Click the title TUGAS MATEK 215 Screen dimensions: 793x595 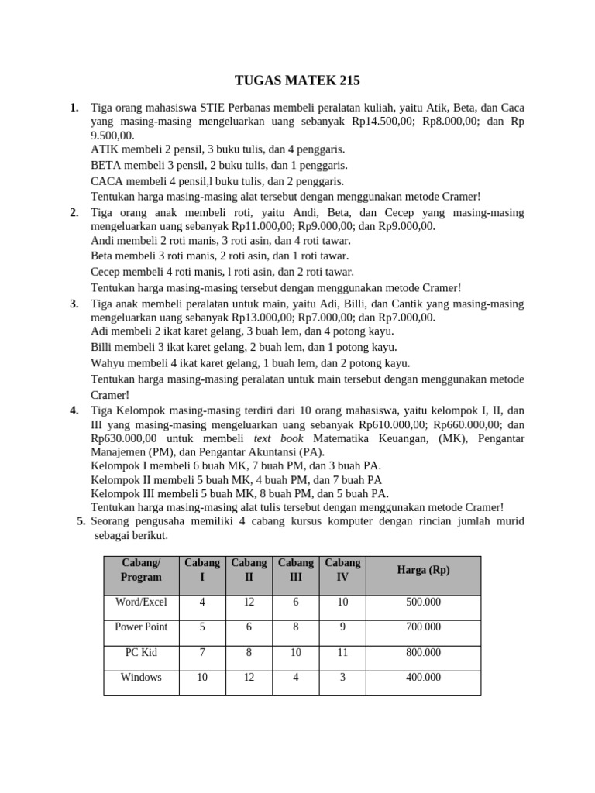click(x=297, y=81)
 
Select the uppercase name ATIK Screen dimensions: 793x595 click(x=105, y=149)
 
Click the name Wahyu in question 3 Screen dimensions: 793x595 click(x=108, y=363)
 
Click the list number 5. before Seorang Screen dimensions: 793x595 click(x=81, y=521)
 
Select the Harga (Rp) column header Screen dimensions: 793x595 click(x=423, y=570)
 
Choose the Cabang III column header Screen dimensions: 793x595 click(x=295, y=570)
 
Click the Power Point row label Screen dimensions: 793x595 click(x=141, y=627)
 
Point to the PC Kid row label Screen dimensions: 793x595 click(x=141, y=652)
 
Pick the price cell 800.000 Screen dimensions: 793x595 click(x=423, y=652)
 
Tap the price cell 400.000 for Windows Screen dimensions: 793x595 click(x=423, y=677)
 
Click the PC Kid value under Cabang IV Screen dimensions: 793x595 click(x=342, y=652)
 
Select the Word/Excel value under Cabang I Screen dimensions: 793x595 click(x=202, y=602)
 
